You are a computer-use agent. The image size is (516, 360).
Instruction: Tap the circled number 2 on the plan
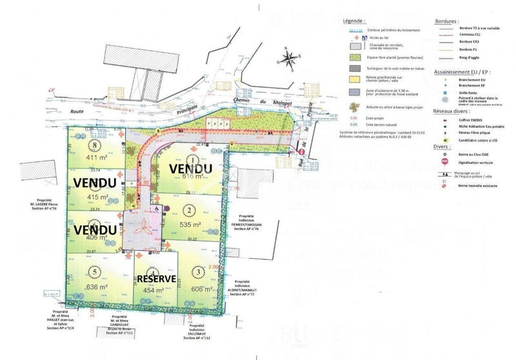tap(189, 210)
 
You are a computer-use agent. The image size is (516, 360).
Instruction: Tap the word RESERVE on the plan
tap(156, 278)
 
